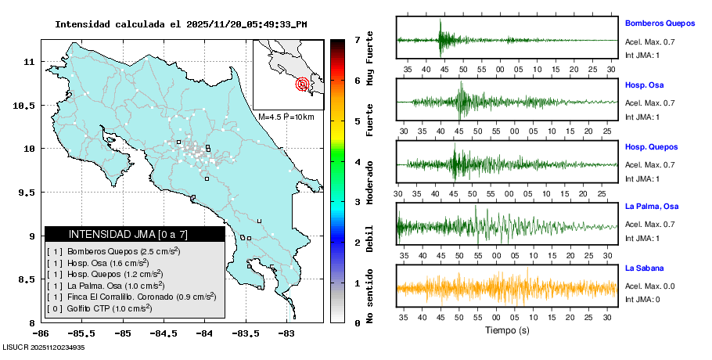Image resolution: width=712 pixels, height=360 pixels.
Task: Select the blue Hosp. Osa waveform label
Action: pos(642,85)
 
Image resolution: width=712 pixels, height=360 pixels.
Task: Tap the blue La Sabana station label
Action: pos(643,268)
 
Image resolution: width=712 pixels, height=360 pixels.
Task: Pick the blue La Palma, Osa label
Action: pos(651,207)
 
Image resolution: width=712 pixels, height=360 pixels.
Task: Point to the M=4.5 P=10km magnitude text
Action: pos(286,117)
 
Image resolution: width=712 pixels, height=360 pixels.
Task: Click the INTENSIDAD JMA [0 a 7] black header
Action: pos(135,234)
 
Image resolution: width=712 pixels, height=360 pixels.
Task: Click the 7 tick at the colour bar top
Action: pos(356,39)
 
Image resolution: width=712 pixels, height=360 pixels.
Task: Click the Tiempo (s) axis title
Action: pos(507,329)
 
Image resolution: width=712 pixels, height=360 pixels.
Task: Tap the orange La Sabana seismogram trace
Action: pos(507,288)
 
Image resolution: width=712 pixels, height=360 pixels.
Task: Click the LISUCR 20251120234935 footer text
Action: pos(44,347)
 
